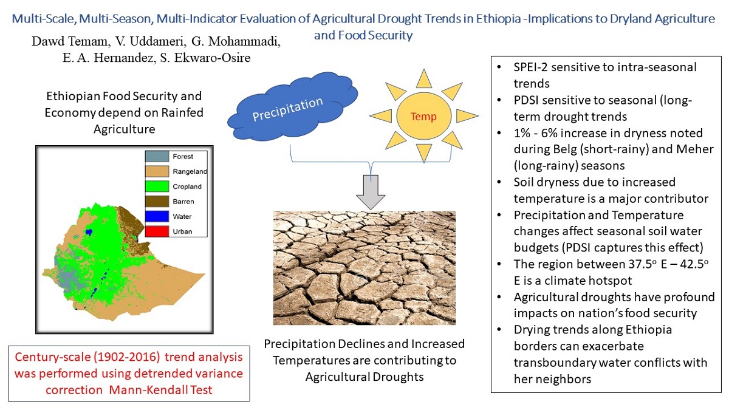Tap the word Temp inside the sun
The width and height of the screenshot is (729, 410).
pyautogui.click(x=423, y=116)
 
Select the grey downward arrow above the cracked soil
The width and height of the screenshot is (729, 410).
pyautogui.click(x=371, y=193)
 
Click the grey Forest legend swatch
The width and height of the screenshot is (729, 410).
pyautogui.click(x=157, y=157)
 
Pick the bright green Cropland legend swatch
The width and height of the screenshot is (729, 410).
pyautogui.click(x=157, y=186)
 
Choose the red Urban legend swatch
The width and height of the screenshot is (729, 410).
pyautogui.click(x=157, y=231)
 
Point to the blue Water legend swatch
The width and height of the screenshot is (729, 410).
pyautogui.click(x=157, y=216)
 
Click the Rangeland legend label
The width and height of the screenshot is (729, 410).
pyautogui.click(x=190, y=171)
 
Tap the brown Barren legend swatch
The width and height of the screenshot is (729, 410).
pyautogui.click(x=157, y=202)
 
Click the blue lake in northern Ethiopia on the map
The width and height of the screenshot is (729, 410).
pyautogui.click(x=89, y=232)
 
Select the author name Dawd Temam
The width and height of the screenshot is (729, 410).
pyautogui.click(x=69, y=41)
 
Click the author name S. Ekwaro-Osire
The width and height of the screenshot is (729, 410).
pyautogui.click(x=205, y=58)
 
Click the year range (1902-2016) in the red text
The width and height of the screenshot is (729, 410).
pyautogui.click(x=127, y=357)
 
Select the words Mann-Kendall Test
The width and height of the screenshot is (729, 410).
pyautogui.click(x=161, y=390)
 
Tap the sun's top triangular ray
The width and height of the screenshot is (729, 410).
pyautogui.click(x=424, y=78)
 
